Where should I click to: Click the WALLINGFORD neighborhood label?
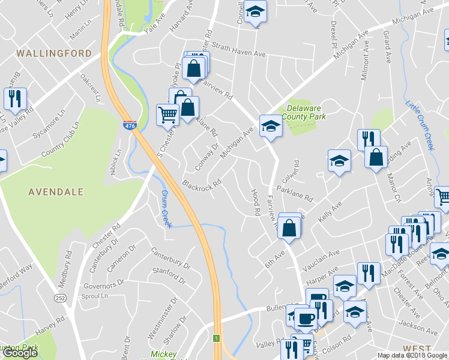pos(54,53)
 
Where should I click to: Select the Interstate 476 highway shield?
pos(129,126)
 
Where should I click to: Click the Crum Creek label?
pos(166,209)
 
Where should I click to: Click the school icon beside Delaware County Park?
pos(270,125)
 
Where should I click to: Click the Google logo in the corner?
pos(20,353)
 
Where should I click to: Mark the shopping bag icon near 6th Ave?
pos(289,227)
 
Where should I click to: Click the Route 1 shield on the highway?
pos(216,339)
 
